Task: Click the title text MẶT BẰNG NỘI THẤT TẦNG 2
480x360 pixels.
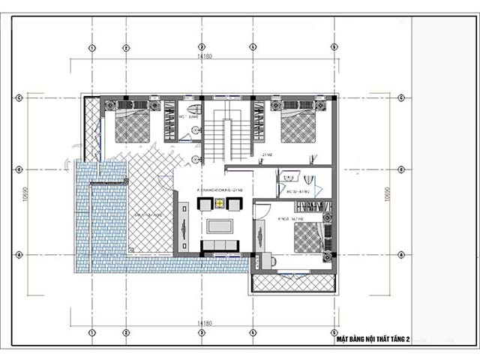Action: point(373,340)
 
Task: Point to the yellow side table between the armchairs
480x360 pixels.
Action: point(220,202)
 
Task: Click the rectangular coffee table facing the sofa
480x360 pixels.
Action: point(220,225)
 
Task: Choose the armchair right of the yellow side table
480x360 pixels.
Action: point(234,202)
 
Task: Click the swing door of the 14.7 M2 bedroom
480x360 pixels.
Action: point(259,211)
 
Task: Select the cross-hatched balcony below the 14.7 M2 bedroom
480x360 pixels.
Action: point(292,283)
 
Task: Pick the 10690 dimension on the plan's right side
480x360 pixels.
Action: point(386,194)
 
